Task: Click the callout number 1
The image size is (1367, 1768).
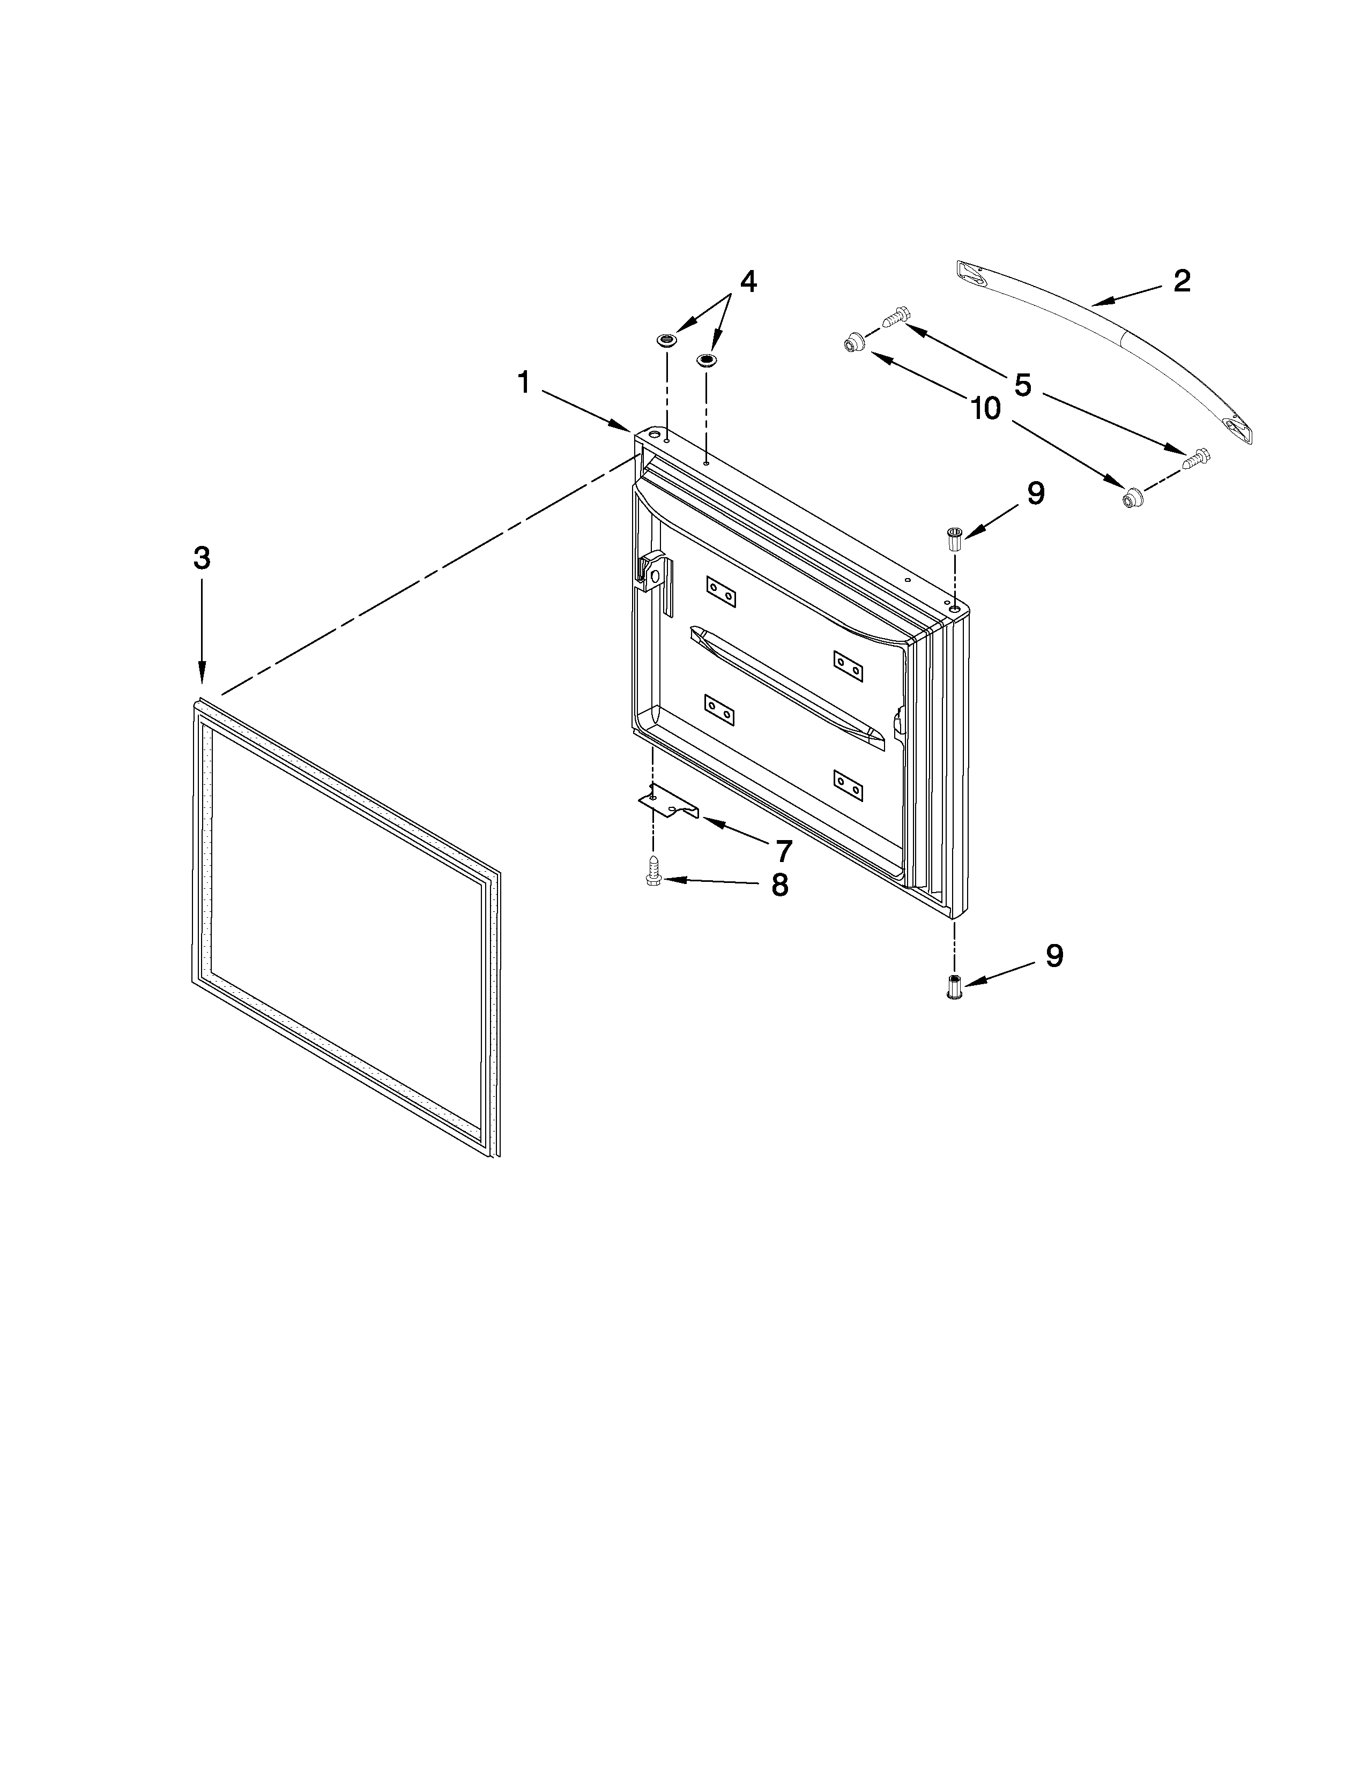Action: click(524, 382)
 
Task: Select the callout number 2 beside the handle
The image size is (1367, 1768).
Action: click(1182, 281)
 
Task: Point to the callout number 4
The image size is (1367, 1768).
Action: click(747, 282)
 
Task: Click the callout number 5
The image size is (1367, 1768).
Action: click(1022, 385)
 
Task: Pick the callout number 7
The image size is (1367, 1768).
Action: click(783, 851)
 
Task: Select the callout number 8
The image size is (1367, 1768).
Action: click(779, 886)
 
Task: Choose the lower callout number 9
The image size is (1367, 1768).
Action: click(1053, 955)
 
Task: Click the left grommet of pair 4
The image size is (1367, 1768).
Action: click(666, 339)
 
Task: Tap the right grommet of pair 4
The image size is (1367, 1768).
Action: click(707, 358)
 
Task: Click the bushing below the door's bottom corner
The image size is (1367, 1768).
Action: click(955, 988)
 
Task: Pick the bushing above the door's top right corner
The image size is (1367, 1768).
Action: click(955, 539)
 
